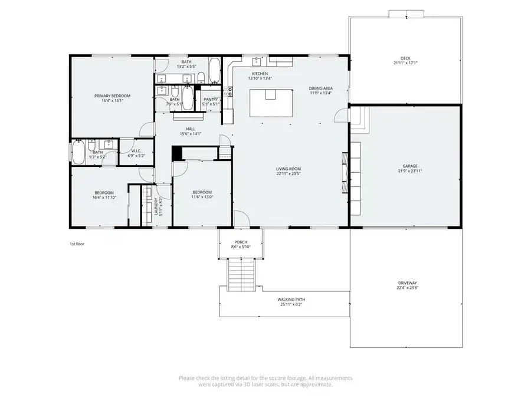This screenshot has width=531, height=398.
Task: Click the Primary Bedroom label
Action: point(112,96)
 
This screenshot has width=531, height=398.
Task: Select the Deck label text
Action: point(405,58)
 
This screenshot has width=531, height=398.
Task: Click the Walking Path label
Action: point(291,300)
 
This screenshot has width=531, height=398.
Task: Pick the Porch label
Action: point(241,242)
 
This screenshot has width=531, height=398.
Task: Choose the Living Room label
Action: point(289,169)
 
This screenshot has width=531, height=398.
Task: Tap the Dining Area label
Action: point(320,88)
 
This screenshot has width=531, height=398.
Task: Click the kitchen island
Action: point(271,101)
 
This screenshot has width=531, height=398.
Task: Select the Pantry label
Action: point(211,100)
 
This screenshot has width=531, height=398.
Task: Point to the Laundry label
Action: point(156,206)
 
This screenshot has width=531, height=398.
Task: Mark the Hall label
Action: point(191,129)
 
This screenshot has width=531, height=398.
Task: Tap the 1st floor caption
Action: point(77,243)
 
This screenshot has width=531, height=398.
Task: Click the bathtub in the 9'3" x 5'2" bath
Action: point(78,152)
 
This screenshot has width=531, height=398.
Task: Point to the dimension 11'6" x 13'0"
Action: point(202,198)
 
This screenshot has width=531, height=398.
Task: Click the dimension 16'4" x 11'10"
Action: point(104,198)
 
